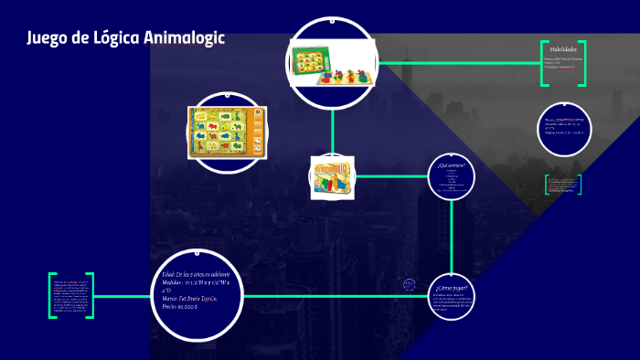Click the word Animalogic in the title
(184, 38)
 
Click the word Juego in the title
(47, 38)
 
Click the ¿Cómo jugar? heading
(452, 289)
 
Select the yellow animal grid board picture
(226, 130)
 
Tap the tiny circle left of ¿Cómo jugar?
(410, 285)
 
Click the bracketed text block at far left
(71, 295)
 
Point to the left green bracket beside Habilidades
(544, 64)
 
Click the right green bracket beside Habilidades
(581, 64)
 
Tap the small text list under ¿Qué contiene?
(452, 182)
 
